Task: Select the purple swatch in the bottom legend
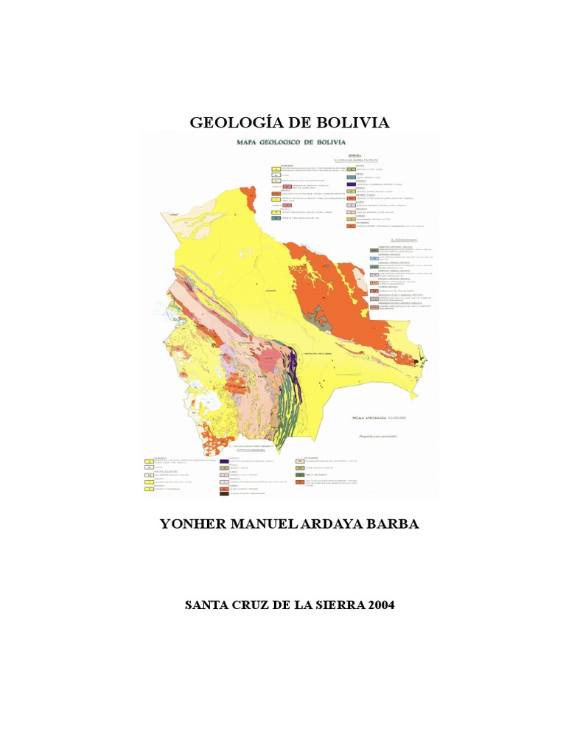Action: [x=224, y=462]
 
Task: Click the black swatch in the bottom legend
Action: [x=224, y=494]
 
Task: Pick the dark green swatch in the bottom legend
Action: [x=300, y=476]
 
